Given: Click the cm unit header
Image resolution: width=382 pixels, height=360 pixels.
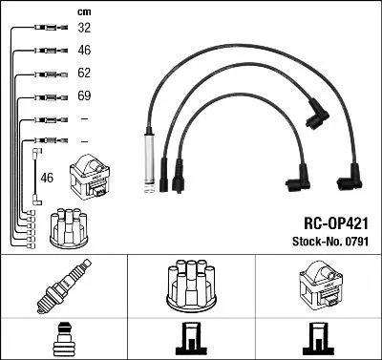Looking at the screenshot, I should click(84, 11).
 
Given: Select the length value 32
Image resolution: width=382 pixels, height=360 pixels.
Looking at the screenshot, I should click(84, 29).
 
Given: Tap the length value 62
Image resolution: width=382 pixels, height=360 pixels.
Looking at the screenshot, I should click(84, 73).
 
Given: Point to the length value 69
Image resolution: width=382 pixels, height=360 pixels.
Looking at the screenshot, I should click(84, 96).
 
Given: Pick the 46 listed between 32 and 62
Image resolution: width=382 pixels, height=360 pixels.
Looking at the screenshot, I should click(84, 50).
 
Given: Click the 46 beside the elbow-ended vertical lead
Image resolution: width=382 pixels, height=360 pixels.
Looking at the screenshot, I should click(48, 177).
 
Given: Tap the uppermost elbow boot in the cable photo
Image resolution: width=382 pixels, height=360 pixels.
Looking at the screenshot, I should click(315, 116).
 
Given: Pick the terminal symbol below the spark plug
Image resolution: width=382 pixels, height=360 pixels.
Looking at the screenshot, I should click(63, 338).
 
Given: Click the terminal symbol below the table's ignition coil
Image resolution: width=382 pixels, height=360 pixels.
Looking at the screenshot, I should click(318, 338).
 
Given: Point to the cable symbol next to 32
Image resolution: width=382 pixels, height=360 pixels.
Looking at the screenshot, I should click(44, 29).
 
